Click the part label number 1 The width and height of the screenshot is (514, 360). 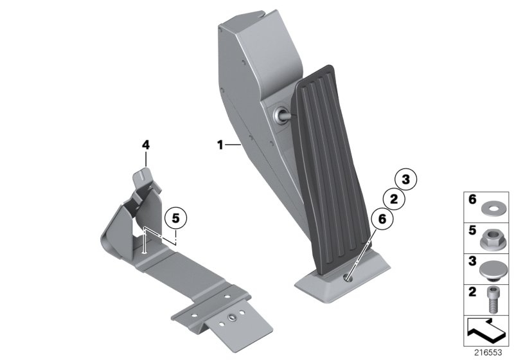220,146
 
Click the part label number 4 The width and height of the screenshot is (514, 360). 146,146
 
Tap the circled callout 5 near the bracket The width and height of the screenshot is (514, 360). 175,218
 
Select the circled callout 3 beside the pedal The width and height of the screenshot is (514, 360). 405,179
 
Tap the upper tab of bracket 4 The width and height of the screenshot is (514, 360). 143,175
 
